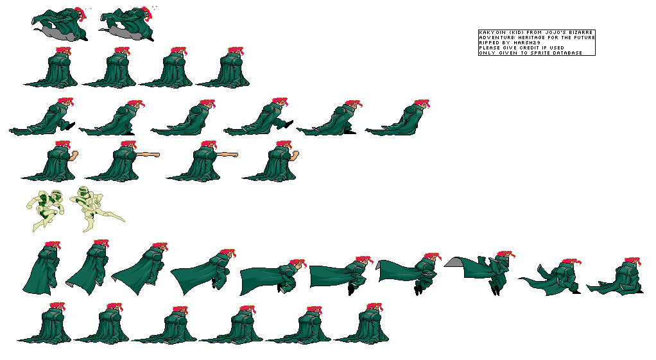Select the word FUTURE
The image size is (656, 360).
pyautogui.click(x=585, y=38)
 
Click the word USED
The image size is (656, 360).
pyautogui.click(x=557, y=47)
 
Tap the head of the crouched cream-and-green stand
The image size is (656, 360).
pyautogui.click(x=56, y=195)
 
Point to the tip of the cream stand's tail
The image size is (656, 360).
pyautogui.click(x=124, y=221)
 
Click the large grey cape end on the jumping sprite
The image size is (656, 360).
pyautogui.click(x=454, y=262)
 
